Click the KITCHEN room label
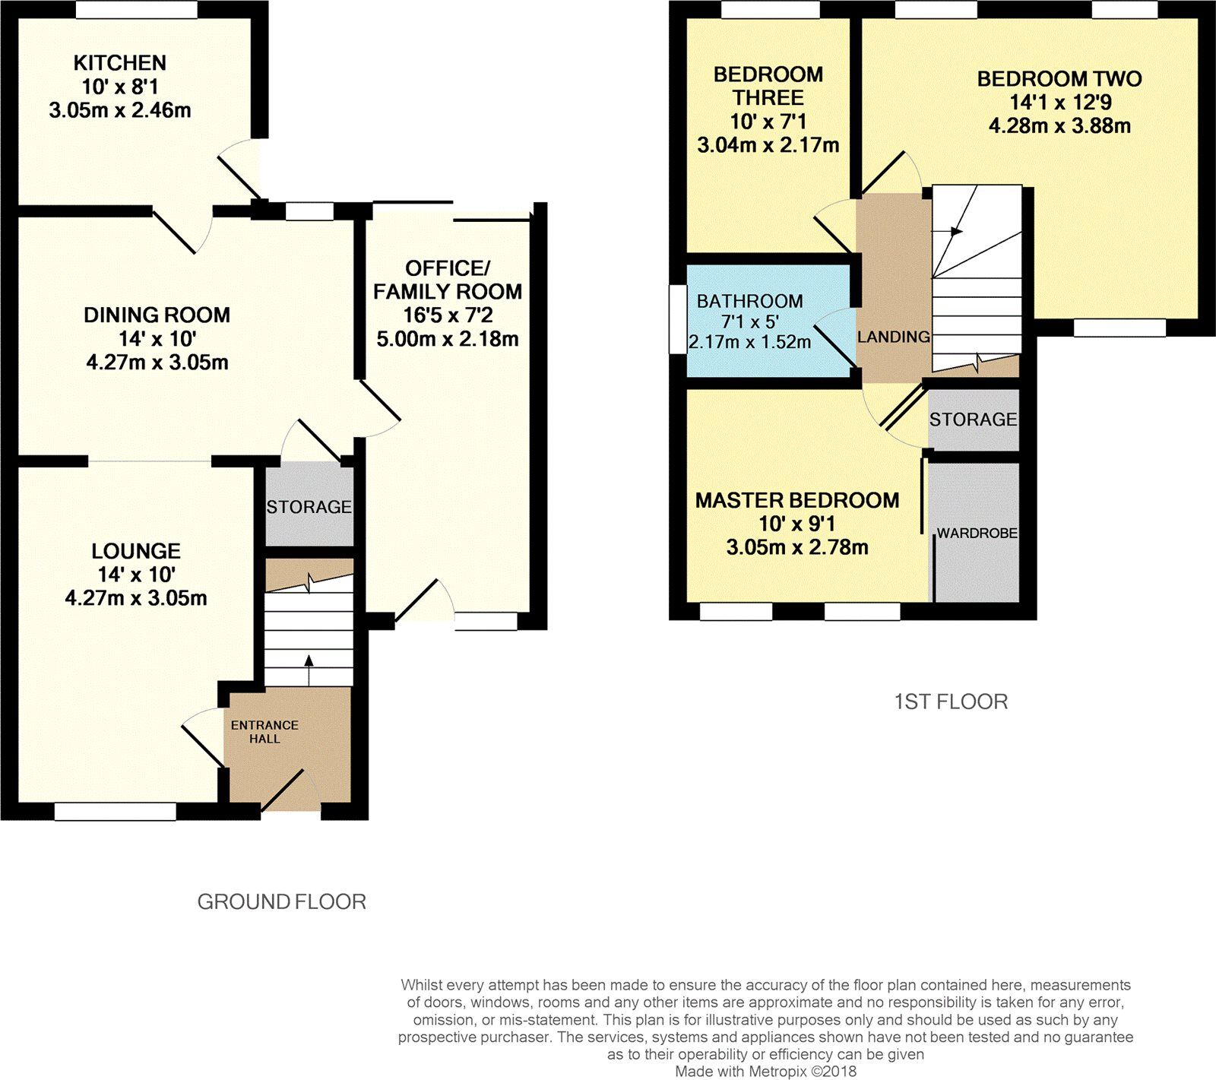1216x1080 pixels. [x=119, y=63]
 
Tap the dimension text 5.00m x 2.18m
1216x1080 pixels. [x=447, y=339]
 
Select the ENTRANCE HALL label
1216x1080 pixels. [x=264, y=731]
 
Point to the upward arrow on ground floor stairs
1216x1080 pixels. [x=309, y=661]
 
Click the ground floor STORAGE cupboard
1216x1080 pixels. [x=309, y=506]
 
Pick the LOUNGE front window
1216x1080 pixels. [x=115, y=812]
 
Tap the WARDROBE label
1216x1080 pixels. [x=977, y=534]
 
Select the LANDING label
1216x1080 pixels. [x=893, y=337]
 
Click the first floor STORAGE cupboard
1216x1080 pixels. [x=973, y=420]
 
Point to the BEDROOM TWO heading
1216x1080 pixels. [x=1059, y=79]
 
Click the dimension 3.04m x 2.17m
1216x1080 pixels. [x=768, y=145]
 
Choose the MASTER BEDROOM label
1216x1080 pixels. [x=796, y=500]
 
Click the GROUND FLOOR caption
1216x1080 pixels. [x=281, y=901]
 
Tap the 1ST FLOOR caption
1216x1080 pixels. [x=951, y=702]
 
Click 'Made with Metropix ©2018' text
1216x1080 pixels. [x=766, y=1072]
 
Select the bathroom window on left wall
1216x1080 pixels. [x=677, y=319]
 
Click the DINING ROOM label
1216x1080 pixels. [x=157, y=315]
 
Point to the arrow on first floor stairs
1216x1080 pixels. [x=955, y=231]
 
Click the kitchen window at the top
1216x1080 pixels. [x=136, y=9]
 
